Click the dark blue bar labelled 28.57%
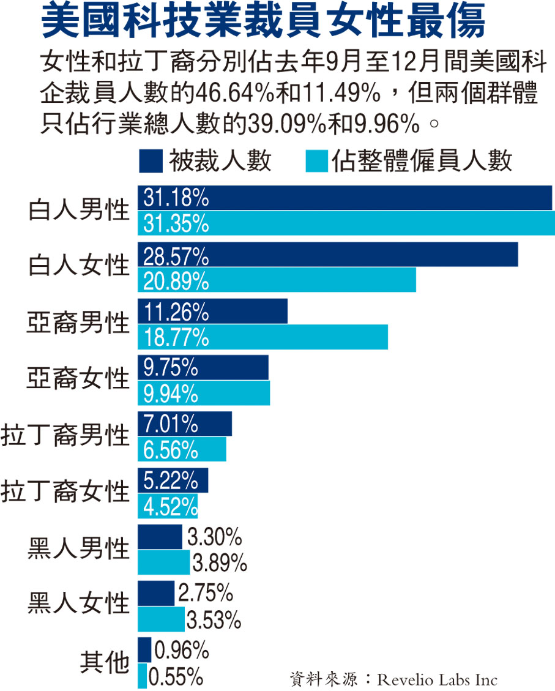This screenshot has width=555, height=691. tap(367, 255)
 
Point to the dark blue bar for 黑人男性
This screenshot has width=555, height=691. tap(159, 537)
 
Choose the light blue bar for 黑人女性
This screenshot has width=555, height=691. tap(160, 619)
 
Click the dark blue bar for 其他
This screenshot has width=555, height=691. tap(144, 649)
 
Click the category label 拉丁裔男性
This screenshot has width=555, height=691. tap(65, 436)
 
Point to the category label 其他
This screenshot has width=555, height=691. tap(105, 663)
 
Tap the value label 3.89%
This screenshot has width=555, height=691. tap(220, 562)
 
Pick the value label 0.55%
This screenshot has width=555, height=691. tap(176, 676)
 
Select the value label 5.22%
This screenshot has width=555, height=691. tap(171, 481)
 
